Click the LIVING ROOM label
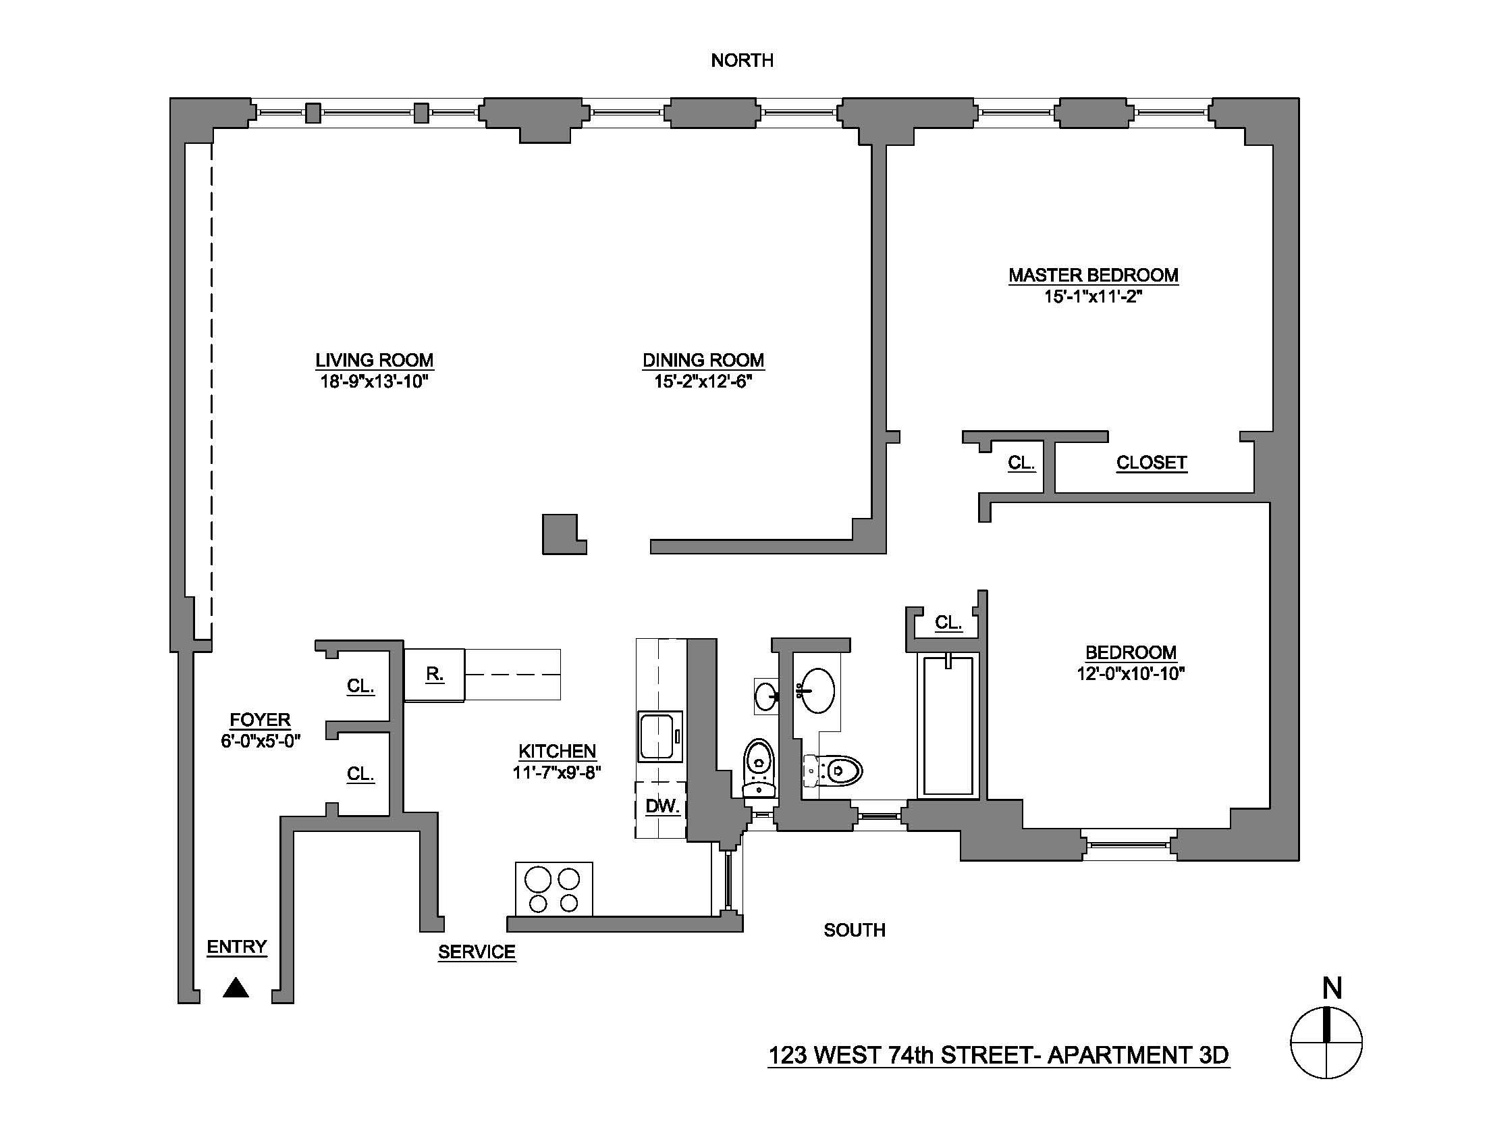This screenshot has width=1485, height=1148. click(374, 360)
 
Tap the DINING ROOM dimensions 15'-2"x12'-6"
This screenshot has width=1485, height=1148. click(703, 382)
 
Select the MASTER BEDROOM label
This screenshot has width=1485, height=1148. click(1093, 275)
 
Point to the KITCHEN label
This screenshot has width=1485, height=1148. click(557, 751)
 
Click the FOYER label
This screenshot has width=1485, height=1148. click(260, 720)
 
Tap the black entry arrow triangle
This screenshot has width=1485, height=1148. click(236, 988)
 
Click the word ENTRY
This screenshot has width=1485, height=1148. click(237, 947)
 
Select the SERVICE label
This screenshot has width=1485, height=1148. click(476, 951)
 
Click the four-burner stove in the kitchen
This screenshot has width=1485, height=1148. click(553, 889)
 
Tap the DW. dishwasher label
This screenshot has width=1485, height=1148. click(661, 806)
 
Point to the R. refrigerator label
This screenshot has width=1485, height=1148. click(435, 674)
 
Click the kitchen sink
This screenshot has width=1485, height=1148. click(659, 737)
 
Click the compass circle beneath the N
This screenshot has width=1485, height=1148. click(1326, 1043)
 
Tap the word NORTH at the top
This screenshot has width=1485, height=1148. click(742, 61)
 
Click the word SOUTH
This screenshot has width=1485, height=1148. click(854, 930)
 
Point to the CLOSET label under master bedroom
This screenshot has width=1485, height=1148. click(1151, 463)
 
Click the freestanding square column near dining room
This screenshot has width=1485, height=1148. click(562, 535)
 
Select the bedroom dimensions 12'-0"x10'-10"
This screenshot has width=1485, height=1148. click(1130, 674)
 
